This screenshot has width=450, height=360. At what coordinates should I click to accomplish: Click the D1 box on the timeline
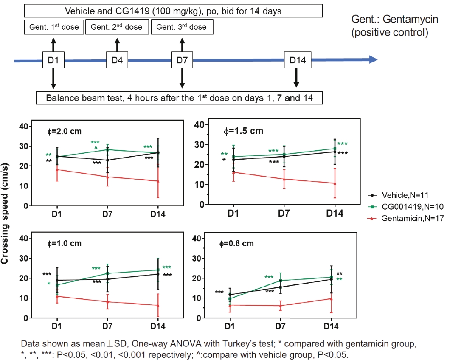click(53, 60)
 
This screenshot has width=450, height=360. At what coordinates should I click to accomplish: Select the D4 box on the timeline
click(117, 60)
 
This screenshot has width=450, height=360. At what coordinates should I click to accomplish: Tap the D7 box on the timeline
click(182, 60)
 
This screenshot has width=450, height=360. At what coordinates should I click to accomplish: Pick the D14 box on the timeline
click(297, 60)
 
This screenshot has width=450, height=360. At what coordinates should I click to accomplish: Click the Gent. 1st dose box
click(54, 27)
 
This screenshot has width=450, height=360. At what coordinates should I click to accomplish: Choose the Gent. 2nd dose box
click(117, 27)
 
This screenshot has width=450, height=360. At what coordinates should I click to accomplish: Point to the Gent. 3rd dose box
click(182, 27)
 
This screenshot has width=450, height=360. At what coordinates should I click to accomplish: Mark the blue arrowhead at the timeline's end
click(372, 60)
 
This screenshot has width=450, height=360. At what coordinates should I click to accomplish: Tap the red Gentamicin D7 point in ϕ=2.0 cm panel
click(107, 177)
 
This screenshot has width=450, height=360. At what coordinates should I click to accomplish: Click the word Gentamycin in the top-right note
click(404, 20)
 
